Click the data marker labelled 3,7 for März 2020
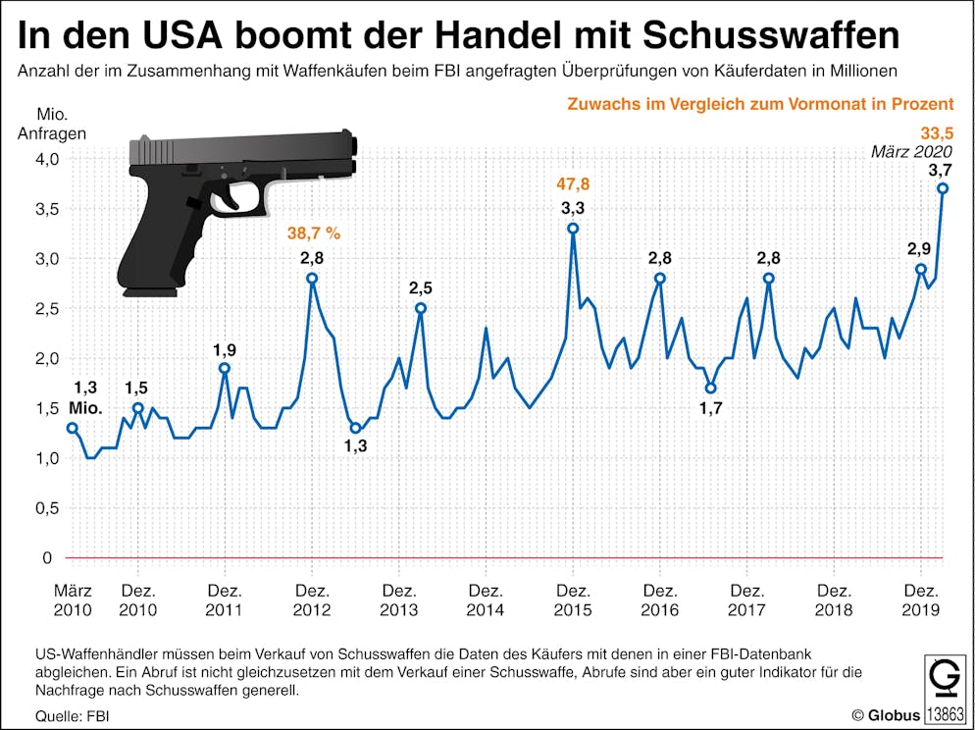(943, 188)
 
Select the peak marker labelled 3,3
(573, 228)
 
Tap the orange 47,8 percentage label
(573, 183)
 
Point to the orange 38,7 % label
(314, 234)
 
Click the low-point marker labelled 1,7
(710, 389)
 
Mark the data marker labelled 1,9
(225, 368)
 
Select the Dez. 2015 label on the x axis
(573, 600)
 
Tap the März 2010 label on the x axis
(73, 600)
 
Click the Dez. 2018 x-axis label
(834, 600)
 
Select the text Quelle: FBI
(72, 716)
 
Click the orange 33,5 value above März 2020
(937, 133)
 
